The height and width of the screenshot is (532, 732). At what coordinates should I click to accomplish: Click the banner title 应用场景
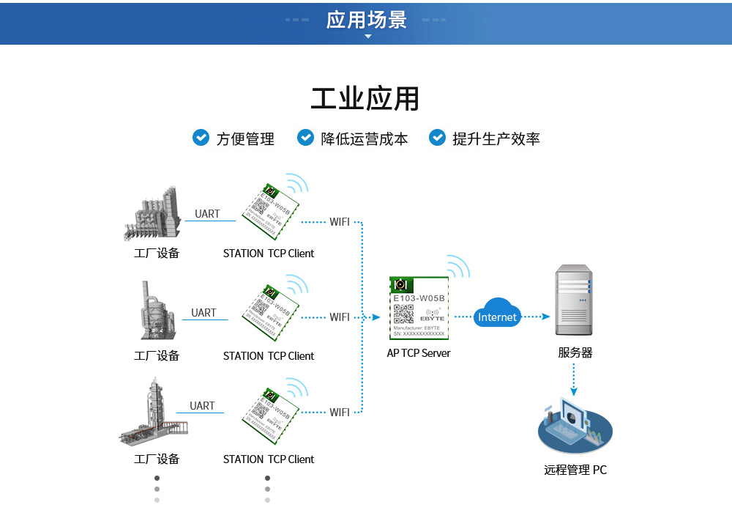[366, 20]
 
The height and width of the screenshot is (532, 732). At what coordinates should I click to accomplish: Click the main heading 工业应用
[365, 99]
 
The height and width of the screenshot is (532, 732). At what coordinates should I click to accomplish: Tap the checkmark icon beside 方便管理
[201, 137]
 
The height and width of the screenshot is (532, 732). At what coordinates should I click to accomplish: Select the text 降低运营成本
[364, 138]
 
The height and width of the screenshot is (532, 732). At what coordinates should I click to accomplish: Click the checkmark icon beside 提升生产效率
[437, 137]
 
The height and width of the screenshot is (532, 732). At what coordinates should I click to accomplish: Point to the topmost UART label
[207, 214]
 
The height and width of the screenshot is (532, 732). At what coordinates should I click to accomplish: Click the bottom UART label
[202, 406]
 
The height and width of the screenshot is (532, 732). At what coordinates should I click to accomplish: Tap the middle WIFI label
[340, 317]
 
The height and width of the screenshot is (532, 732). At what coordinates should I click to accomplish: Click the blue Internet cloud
[497, 314]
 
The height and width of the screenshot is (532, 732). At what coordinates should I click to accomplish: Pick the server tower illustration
[574, 300]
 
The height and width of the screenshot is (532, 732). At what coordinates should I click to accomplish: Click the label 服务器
[575, 352]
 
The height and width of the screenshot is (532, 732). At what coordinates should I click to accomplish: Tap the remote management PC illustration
[575, 426]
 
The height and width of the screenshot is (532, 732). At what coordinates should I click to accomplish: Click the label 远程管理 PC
[575, 470]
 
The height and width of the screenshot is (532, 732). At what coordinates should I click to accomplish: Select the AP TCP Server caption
[419, 352]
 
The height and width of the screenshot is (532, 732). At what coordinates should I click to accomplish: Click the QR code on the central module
[403, 313]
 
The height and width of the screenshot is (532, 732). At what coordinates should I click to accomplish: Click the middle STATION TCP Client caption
[268, 356]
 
